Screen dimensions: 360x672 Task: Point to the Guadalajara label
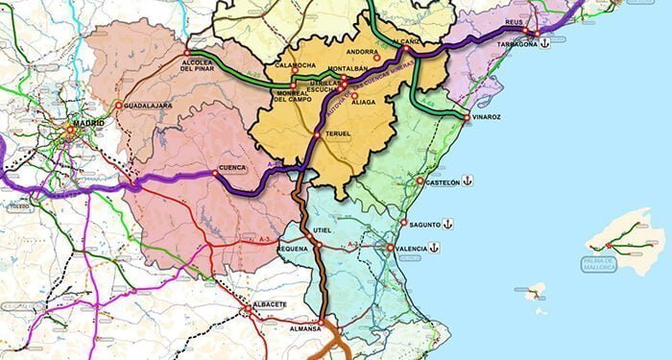coord(148,105)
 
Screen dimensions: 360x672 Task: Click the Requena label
coord(292,248)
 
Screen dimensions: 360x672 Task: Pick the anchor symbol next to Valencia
coord(434,248)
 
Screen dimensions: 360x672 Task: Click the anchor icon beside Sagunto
coord(448,224)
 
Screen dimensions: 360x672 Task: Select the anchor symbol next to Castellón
coord(468,180)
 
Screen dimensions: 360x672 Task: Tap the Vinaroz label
coord(486,116)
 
